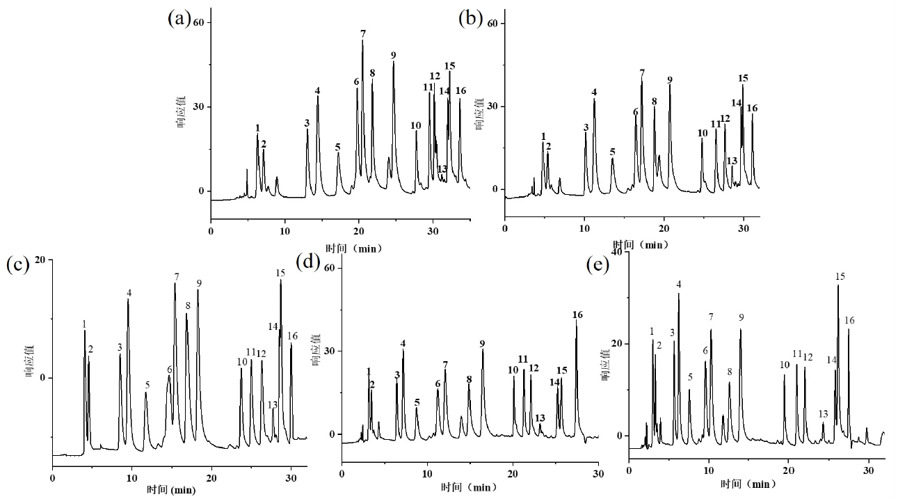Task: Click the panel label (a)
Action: click(x=179, y=19)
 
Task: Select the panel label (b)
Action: click(x=471, y=19)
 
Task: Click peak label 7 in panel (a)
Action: click(x=363, y=33)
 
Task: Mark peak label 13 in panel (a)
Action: click(x=442, y=169)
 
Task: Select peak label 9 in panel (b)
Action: click(x=670, y=80)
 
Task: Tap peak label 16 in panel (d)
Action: click(x=577, y=315)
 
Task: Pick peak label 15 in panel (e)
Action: click(x=840, y=277)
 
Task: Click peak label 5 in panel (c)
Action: click(x=147, y=385)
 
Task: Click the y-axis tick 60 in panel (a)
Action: click(x=198, y=23)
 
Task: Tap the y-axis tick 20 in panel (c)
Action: click(x=41, y=260)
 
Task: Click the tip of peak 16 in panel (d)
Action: click(x=577, y=321)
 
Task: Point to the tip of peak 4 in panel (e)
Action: click(x=678, y=294)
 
